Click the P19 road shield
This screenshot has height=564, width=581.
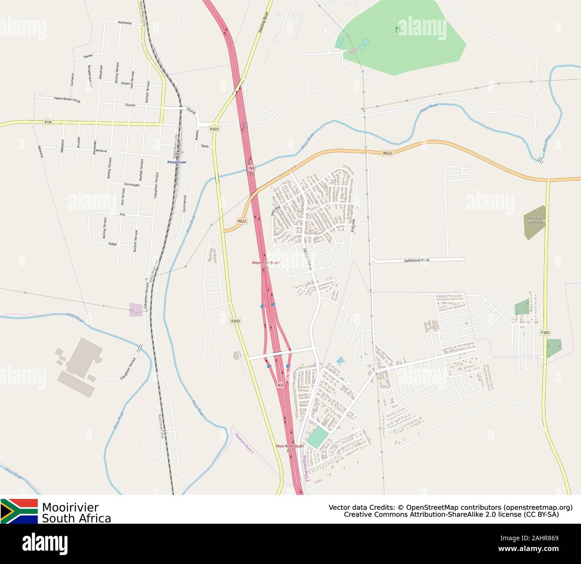coord(48,122)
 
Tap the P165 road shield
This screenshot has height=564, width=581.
coord(545,333)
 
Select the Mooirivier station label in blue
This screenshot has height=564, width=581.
coord(177,162)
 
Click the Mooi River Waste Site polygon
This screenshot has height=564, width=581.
coord(535,222)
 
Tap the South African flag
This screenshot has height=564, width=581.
coord(19,511)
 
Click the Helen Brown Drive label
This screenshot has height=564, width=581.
coord(67,100)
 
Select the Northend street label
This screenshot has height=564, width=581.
coord(125,23)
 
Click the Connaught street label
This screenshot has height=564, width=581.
coord(131,185)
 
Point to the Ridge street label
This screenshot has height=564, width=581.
coord(112,244)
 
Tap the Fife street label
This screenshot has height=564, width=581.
coord(122,215)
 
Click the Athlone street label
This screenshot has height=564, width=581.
coord(101,151)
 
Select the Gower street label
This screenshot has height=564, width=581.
coord(125,83)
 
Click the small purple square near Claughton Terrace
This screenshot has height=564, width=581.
coord(136,309)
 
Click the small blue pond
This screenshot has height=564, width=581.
coord(341,360)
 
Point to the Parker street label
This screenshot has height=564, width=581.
coord(88,56)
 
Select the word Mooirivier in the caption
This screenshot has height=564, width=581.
coord(70,507)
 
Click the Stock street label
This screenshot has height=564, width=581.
coord(205,146)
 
